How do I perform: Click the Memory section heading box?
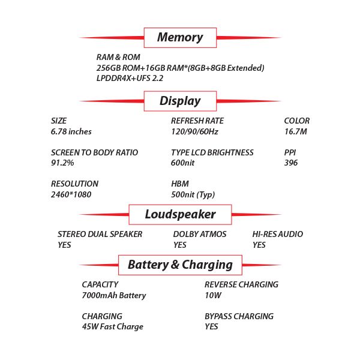(x=180, y=37)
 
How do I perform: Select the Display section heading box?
(x=180, y=101)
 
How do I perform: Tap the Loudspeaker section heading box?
(x=180, y=214)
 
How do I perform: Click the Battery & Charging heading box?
(x=180, y=265)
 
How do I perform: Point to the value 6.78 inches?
(x=71, y=131)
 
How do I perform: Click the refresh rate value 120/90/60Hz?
(x=194, y=131)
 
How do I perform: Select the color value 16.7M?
(x=296, y=131)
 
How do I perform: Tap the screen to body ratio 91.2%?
(x=62, y=163)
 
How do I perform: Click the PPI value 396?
(x=291, y=163)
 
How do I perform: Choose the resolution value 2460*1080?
(x=71, y=194)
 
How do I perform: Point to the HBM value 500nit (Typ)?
(x=193, y=194)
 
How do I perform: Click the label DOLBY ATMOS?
(x=200, y=234)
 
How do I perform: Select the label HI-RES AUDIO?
(x=278, y=234)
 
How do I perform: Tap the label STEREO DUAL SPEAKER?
(x=100, y=234)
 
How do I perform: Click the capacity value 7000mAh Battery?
(x=114, y=295)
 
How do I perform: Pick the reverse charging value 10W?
(x=213, y=295)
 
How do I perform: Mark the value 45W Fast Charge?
(x=113, y=327)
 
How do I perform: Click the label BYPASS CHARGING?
(x=239, y=316)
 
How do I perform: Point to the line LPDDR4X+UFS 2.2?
(x=130, y=78)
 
